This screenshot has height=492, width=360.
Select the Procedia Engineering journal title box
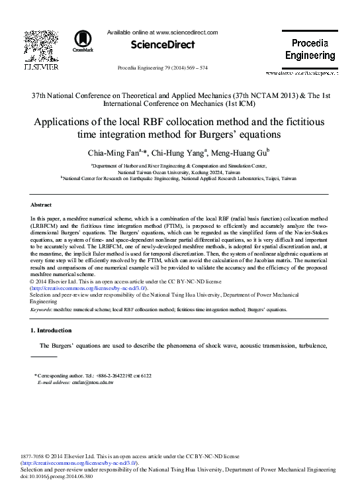point(310,50)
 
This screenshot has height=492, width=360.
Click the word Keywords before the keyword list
point(42,309)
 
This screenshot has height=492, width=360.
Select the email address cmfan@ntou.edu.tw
point(80,383)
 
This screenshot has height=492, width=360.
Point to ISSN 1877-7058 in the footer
point(38,457)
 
